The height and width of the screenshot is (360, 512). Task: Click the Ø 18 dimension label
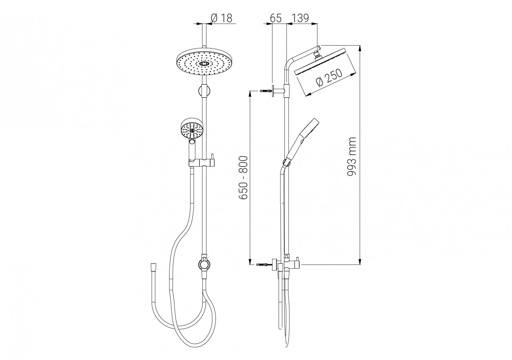click(222, 18)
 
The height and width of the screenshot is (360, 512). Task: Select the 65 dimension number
click(276, 18)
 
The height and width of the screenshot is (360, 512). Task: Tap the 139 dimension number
click(300, 18)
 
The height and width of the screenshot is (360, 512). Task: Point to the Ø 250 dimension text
click(329, 78)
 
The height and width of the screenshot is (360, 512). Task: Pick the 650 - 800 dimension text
click(243, 178)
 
